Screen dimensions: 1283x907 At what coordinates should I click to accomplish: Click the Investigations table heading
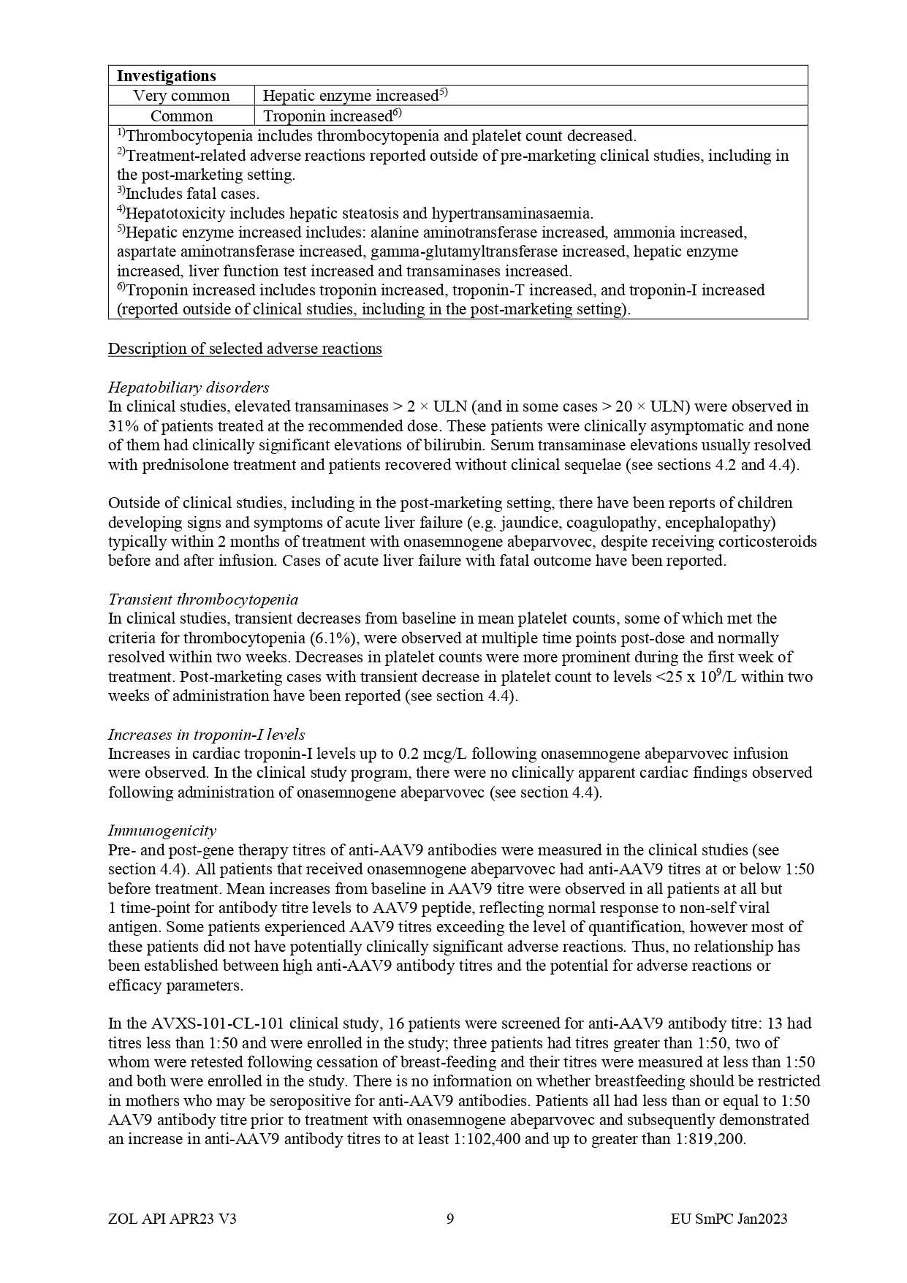pyautogui.click(x=166, y=76)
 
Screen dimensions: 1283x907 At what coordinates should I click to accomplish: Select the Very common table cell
pyautogui.click(x=181, y=96)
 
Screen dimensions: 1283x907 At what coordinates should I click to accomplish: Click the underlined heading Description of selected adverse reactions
pyautogui.click(x=245, y=349)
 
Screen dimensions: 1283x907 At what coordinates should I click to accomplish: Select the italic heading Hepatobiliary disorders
pyautogui.click(x=189, y=387)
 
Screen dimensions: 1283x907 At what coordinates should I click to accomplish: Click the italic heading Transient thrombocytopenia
pyautogui.click(x=203, y=599)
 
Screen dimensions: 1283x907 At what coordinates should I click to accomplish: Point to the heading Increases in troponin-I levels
pyautogui.click(x=206, y=735)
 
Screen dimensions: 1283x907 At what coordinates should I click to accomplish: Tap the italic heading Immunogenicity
pyautogui.click(x=162, y=830)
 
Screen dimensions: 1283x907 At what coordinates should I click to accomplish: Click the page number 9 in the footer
pyautogui.click(x=450, y=1219)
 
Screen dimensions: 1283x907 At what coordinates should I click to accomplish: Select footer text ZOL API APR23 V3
pyautogui.click(x=172, y=1219)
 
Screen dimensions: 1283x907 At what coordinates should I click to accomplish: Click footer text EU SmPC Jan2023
pyautogui.click(x=729, y=1219)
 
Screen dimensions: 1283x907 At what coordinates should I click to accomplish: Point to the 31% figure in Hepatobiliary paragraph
pyautogui.click(x=122, y=426)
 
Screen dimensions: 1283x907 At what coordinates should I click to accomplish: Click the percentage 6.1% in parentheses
pyautogui.click(x=334, y=638)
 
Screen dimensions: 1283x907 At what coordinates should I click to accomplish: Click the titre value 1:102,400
pyautogui.click(x=485, y=1139)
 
